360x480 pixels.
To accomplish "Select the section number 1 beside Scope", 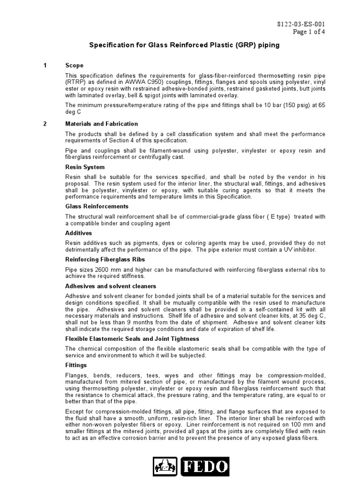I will point(45,66).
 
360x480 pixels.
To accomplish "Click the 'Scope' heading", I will point(74,66).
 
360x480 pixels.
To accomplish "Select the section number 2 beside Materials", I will point(45,124).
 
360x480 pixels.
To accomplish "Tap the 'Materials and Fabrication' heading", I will point(101,124).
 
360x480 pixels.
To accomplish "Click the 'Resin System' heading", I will point(85,167).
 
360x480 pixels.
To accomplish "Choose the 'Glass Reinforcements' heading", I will point(97,206).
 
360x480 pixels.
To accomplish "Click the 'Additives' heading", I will point(78,233).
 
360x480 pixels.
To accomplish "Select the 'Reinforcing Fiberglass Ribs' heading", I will point(105,259).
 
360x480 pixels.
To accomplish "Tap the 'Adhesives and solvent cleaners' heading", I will point(111,286).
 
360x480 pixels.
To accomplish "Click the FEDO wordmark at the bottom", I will point(206,467).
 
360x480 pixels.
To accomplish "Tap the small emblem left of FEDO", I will point(165,467).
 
